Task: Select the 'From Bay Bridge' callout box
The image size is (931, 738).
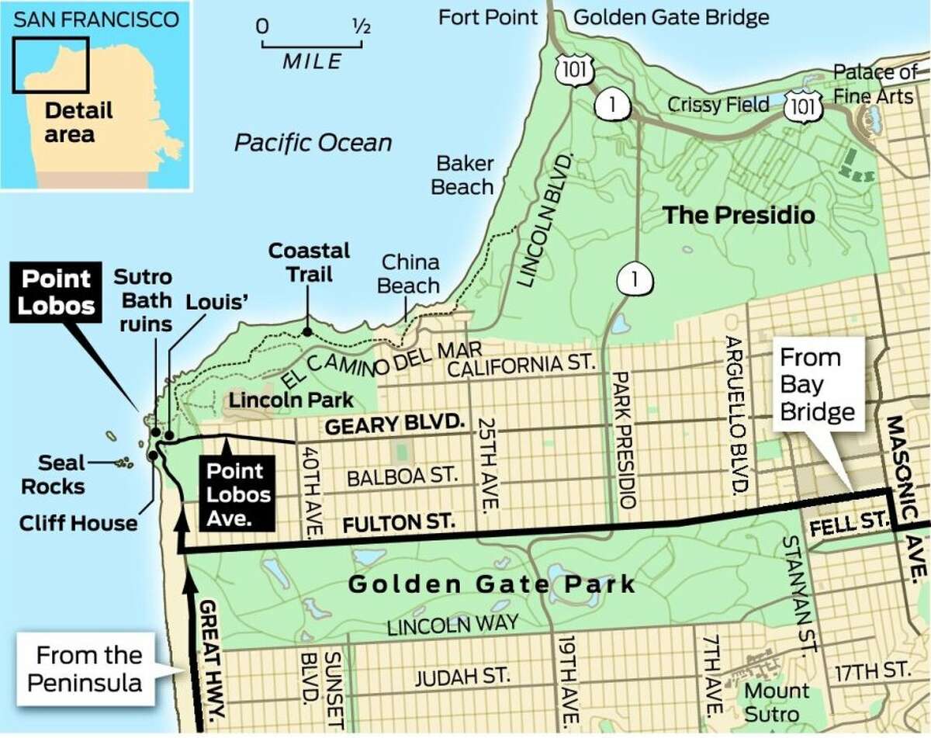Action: click(x=819, y=384)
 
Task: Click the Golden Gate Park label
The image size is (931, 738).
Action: click(x=491, y=584)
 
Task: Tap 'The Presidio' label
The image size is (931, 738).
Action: click(x=738, y=214)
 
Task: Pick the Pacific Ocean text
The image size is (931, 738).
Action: click(x=313, y=142)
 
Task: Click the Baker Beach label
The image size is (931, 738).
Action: click(x=463, y=175)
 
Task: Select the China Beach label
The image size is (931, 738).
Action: click(x=409, y=273)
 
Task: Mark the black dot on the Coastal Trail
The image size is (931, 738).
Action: click(x=308, y=331)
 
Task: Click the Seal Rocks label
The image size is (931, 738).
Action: click(x=61, y=474)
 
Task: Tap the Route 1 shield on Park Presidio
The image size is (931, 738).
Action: click(x=634, y=279)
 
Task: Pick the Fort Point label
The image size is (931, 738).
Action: click(x=488, y=16)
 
